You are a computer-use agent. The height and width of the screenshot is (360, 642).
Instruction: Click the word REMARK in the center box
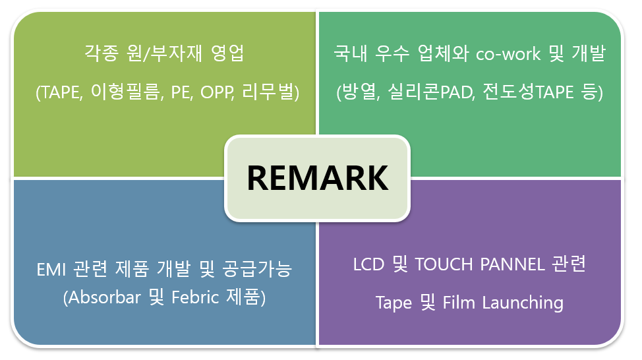[x=317, y=178]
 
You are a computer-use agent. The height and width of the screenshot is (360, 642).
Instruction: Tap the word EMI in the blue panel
[x=51, y=270]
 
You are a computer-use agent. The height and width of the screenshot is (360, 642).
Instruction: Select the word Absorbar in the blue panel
[x=104, y=297]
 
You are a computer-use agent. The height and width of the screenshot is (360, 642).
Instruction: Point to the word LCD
[x=368, y=264]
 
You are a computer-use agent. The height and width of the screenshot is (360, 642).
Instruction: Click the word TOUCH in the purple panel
[x=444, y=264]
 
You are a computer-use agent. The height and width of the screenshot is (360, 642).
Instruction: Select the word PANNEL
[x=512, y=264]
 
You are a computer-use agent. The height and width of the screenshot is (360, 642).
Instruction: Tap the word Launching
[x=523, y=303]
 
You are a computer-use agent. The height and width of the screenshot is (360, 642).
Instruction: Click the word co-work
[x=508, y=54]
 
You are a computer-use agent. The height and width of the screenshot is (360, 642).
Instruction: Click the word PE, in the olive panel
[x=182, y=92]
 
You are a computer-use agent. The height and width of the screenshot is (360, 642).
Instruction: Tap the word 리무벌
[x=268, y=92]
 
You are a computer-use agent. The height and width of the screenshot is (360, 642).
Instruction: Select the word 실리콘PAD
[x=430, y=92]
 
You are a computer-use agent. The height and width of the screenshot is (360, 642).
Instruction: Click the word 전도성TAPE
[x=528, y=92]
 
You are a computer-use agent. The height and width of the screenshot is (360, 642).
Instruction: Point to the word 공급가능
[x=257, y=269]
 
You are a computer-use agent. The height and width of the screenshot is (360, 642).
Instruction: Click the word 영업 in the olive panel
[x=227, y=53]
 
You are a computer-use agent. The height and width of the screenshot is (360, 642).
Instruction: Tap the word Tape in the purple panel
[x=394, y=303]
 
